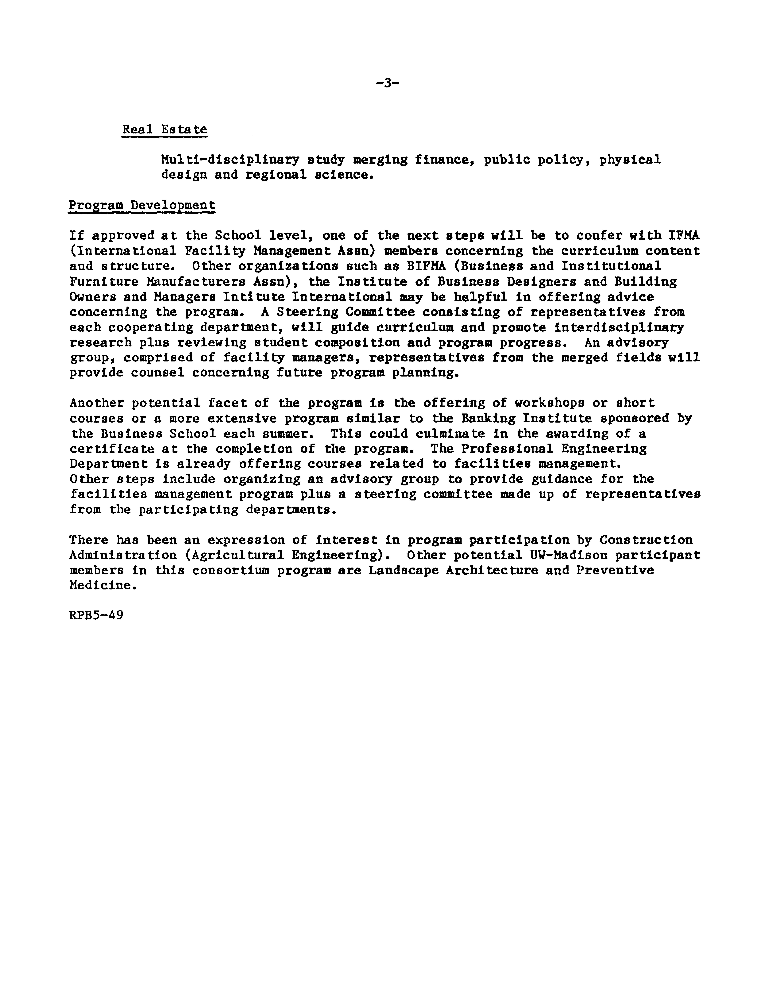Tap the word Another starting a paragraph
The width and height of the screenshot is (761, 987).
point(96,403)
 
